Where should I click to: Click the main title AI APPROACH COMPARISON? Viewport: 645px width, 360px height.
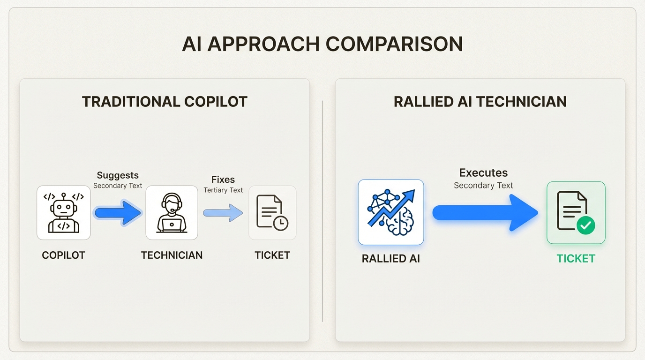322,44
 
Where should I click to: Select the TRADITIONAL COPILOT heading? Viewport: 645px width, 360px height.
165,102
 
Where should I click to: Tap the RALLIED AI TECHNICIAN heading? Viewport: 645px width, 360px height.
480,102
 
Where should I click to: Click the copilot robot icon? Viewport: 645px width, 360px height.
64,213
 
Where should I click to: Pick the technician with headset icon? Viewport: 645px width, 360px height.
172,213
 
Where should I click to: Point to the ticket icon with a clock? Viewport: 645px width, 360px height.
272,213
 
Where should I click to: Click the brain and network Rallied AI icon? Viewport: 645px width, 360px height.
391,212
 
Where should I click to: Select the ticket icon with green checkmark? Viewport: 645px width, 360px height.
576,213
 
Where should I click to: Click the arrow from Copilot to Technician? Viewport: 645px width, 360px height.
118,213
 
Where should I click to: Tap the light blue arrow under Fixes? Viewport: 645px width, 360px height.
223,213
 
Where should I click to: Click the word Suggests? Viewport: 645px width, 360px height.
118,175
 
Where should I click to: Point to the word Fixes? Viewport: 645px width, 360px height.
223,180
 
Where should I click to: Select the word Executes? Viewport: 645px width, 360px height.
483,172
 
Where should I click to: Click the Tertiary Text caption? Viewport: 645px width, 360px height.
223,190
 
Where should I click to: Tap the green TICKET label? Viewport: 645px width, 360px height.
576,259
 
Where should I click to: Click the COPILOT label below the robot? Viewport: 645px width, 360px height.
64,255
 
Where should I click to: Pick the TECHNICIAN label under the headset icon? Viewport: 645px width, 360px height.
172,255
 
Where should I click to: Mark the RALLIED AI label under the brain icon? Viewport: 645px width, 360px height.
391,259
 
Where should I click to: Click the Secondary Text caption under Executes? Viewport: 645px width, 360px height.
483,186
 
